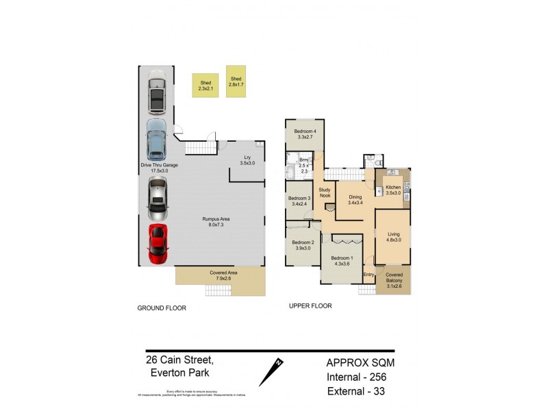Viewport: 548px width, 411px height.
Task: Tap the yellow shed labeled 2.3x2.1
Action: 205,86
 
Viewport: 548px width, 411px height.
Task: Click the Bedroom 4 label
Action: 305,134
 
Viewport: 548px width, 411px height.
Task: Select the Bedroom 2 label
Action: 302,245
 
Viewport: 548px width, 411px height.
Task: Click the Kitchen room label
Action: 393,190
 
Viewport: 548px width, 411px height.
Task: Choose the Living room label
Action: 393,237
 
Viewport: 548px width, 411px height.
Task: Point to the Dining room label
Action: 355,199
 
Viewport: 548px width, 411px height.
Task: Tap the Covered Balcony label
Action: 394,281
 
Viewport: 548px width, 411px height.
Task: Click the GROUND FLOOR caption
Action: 162,308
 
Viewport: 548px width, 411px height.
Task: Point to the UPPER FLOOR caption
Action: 310,306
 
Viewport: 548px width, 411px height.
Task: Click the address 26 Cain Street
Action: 179,360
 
